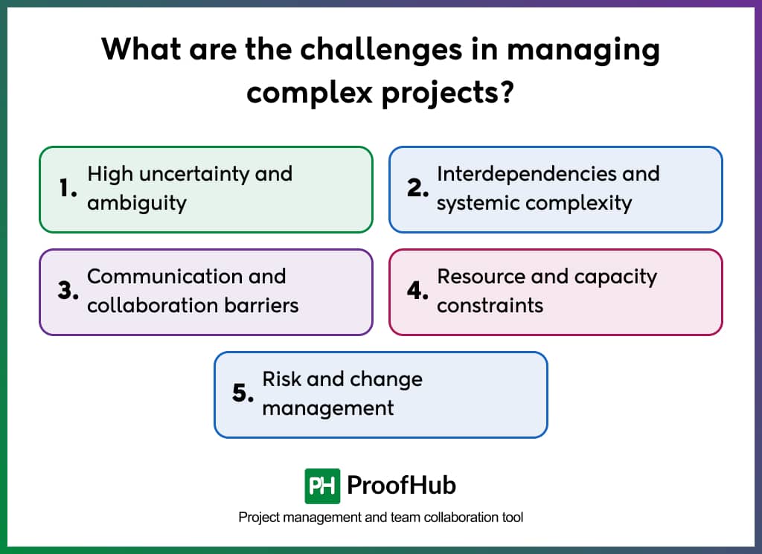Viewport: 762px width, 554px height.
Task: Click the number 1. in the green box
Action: [68, 189]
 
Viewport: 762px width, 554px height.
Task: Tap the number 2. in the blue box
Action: [418, 189]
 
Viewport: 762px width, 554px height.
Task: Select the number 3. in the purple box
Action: [68, 292]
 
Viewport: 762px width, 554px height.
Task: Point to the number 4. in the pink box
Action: [418, 292]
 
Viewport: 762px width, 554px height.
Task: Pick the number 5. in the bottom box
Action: [243, 394]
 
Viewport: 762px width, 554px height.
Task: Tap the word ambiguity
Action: [136, 203]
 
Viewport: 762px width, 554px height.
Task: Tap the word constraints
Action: [490, 306]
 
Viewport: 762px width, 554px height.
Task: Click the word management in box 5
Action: [328, 408]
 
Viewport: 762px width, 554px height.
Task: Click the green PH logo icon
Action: [322, 486]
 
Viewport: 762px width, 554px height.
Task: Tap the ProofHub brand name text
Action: [401, 486]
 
